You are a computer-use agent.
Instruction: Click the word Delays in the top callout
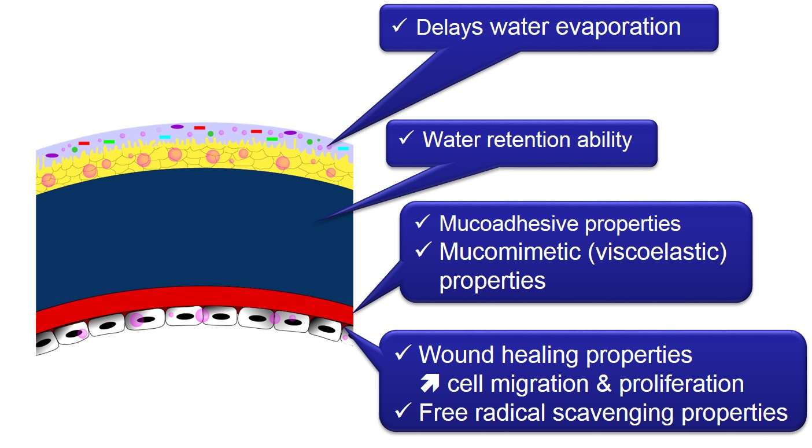pos(449,28)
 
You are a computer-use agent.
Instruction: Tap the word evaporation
pos(618,28)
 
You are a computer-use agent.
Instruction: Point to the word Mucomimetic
pos(510,252)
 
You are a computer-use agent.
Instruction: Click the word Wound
pos(456,354)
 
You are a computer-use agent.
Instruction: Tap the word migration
pos(540,384)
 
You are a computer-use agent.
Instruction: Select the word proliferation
pos(681,384)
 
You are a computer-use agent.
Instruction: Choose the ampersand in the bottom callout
pos(604,384)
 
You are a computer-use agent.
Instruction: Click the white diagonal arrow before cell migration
pos(430,383)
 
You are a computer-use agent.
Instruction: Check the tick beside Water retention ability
pos(407,138)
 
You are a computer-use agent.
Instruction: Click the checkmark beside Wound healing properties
pos(403,352)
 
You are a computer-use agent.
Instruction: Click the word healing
pos(540,355)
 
